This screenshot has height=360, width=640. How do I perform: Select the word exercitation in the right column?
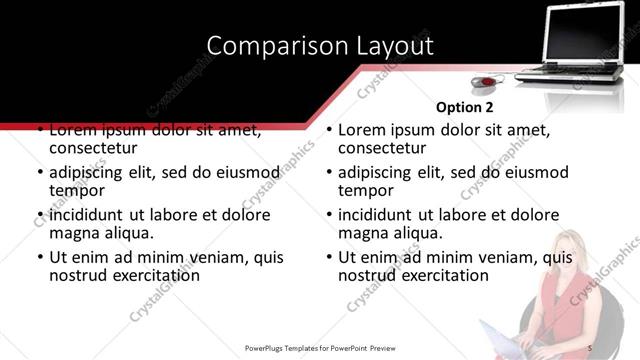point(439,275)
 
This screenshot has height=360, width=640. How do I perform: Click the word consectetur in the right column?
point(382,149)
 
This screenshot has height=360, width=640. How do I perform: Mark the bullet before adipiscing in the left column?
point(39,173)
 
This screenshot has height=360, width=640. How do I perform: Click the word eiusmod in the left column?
point(240,173)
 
